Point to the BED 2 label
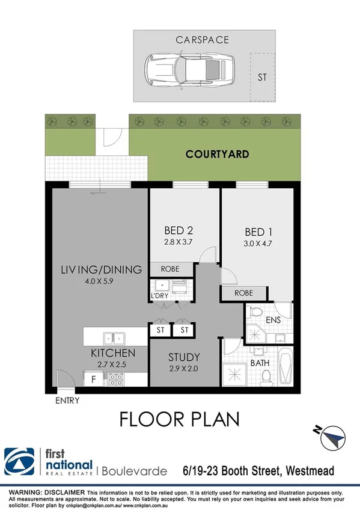[x=178, y=230]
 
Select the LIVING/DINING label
[x=101, y=269]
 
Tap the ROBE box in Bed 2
[x=172, y=269]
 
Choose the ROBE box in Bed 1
[x=243, y=293]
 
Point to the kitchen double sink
[x=114, y=338]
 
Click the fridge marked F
[x=94, y=379]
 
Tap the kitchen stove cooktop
[x=115, y=379]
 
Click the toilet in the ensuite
[x=255, y=313]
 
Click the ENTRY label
[x=66, y=399]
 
